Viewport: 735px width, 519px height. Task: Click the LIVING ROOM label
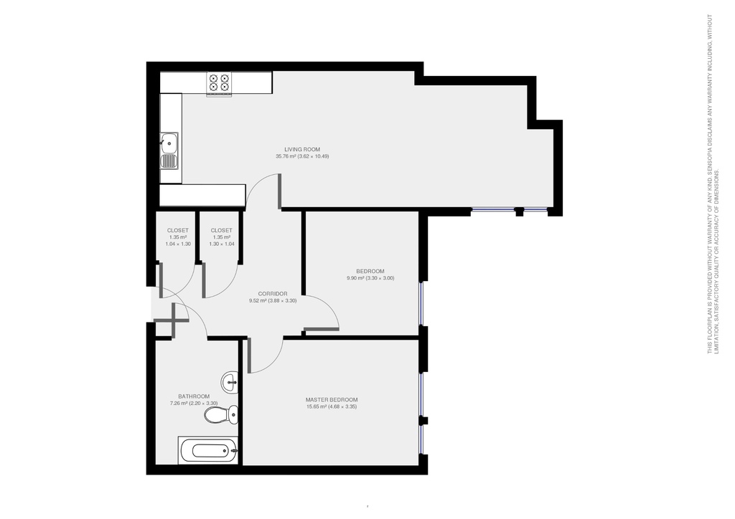(302, 149)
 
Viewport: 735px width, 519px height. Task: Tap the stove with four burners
(219, 85)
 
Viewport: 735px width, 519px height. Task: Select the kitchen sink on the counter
(169, 151)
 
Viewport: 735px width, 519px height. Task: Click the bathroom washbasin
(230, 382)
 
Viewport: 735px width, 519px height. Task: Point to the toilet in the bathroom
(221, 414)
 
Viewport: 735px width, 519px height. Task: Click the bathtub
(208, 451)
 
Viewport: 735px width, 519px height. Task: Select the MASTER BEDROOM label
(332, 400)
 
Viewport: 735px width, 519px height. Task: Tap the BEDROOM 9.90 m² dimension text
(370, 278)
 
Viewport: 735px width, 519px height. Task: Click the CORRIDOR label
(273, 294)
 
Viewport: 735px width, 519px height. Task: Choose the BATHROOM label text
(194, 396)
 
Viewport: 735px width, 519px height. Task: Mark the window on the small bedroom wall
(421, 303)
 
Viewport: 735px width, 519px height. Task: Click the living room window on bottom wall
(510, 209)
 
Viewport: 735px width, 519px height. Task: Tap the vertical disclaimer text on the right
(713, 184)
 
